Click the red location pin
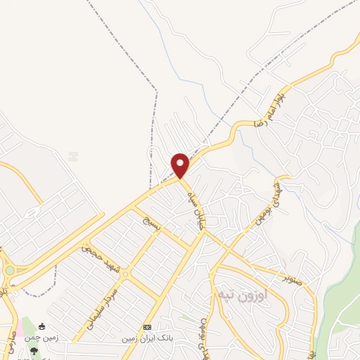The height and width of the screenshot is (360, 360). pos(181,166)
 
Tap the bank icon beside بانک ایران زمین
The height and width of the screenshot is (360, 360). pos(147,328)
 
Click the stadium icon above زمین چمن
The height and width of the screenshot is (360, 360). pos(41,326)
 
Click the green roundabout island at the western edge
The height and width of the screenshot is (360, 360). pos(8,269)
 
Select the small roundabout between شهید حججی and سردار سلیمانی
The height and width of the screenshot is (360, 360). pos(124,275)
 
